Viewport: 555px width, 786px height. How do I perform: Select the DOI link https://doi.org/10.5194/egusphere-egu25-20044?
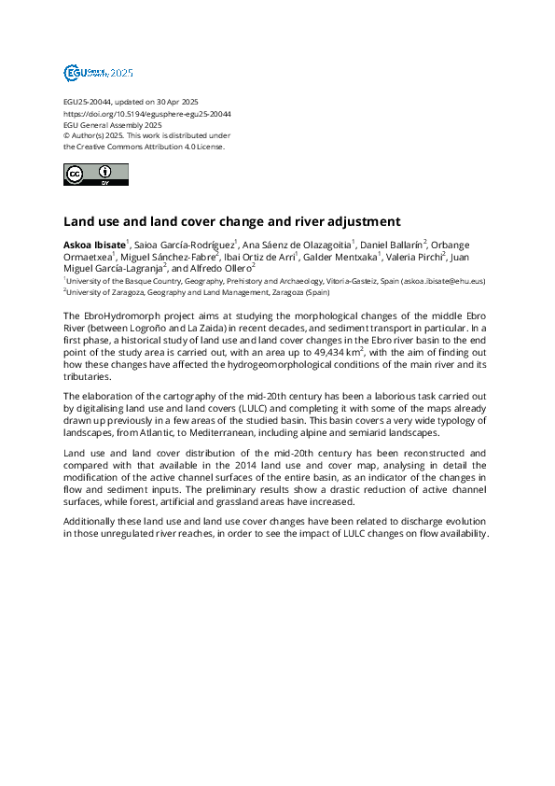click(146, 114)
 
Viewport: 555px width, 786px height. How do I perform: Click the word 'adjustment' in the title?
click(362, 222)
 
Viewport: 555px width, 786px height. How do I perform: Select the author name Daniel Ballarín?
click(391, 244)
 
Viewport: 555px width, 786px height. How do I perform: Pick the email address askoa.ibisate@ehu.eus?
click(438, 280)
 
